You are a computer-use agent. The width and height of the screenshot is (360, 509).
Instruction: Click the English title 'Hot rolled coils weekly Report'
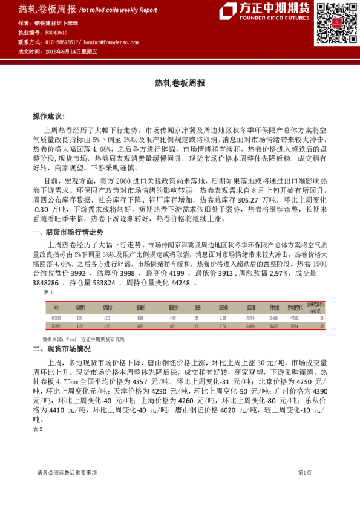[x=118, y=10]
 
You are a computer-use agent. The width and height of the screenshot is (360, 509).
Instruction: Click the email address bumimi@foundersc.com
[x=113, y=42]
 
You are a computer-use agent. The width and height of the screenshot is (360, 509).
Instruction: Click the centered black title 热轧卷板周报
[x=180, y=83]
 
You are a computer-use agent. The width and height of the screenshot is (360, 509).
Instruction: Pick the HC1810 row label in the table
[x=56, y=317]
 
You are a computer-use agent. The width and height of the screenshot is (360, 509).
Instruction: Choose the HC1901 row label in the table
[x=56, y=326]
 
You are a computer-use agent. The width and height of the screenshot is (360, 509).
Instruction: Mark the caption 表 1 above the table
[x=49, y=292]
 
